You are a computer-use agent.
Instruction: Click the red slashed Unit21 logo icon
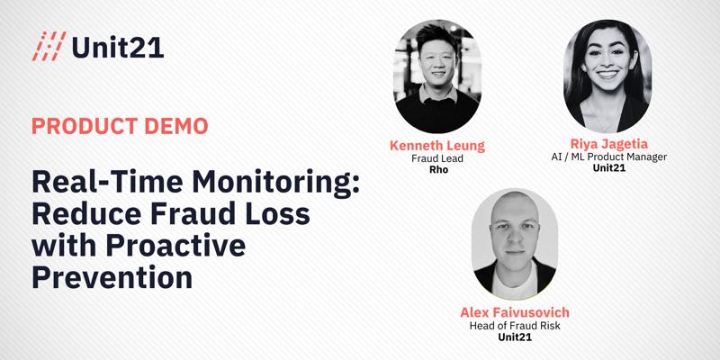pyautogui.click(x=49, y=46)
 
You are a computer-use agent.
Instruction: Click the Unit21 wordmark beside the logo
pyautogui.click(x=118, y=47)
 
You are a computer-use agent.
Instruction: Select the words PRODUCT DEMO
pyautogui.click(x=120, y=126)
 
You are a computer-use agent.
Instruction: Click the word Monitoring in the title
pyautogui.click(x=276, y=183)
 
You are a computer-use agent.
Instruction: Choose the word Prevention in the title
pyautogui.click(x=112, y=277)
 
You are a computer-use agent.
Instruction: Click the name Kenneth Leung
pyautogui.click(x=437, y=146)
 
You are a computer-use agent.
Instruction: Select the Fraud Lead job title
pyautogui.click(x=437, y=158)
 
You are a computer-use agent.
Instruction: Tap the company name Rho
pyautogui.click(x=438, y=169)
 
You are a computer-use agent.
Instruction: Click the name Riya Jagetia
pyautogui.click(x=609, y=145)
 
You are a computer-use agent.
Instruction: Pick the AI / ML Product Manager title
pyautogui.click(x=609, y=157)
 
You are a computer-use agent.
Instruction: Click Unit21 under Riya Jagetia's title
pyautogui.click(x=609, y=167)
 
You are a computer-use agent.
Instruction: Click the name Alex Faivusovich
pyautogui.click(x=515, y=312)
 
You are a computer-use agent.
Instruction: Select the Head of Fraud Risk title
pyautogui.click(x=515, y=326)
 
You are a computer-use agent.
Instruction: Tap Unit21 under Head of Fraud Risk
pyautogui.click(x=515, y=337)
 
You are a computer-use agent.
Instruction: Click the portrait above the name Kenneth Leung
pyautogui.click(x=437, y=76)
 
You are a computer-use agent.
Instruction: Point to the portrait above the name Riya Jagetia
pyautogui.click(x=607, y=76)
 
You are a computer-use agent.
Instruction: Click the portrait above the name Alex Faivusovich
pyautogui.click(x=515, y=244)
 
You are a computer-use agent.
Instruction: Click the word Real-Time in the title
pyautogui.click(x=107, y=183)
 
